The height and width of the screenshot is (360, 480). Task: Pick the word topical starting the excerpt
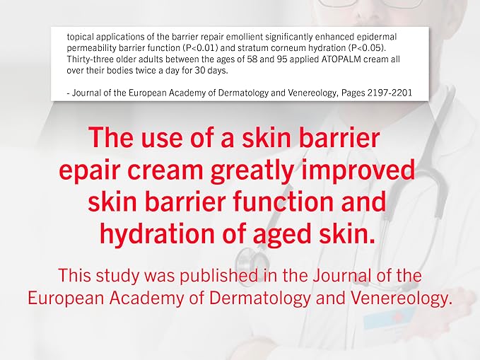pyautogui.click(x=82, y=35)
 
